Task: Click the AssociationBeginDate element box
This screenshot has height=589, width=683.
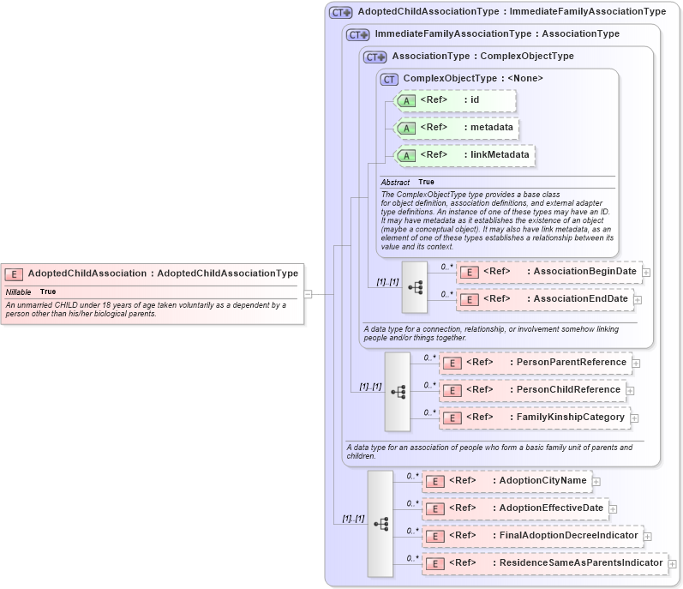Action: click(548, 272)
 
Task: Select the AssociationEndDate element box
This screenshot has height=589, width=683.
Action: click(545, 299)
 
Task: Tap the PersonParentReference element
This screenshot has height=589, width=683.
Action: click(535, 362)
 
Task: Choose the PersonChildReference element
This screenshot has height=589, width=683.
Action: click(531, 389)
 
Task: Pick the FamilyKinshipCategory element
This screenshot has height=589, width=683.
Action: click(534, 418)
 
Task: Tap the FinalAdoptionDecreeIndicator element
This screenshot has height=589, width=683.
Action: click(532, 536)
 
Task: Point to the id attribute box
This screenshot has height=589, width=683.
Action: click(455, 100)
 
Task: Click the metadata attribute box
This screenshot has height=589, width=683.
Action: click(456, 128)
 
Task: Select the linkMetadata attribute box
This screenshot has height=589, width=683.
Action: click(464, 155)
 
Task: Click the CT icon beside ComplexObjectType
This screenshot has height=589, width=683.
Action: click(389, 79)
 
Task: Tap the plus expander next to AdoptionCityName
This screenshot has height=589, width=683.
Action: click(596, 482)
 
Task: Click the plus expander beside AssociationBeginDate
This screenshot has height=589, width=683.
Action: click(646, 273)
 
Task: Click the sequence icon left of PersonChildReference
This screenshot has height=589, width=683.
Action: click(398, 391)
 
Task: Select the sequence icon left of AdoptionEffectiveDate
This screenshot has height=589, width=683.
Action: click(380, 523)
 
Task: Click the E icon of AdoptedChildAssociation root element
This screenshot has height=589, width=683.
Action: click(14, 273)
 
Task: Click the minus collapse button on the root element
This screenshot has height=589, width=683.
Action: click(308, 293)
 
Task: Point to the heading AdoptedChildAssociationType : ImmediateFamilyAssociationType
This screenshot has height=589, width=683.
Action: click(511, 12)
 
